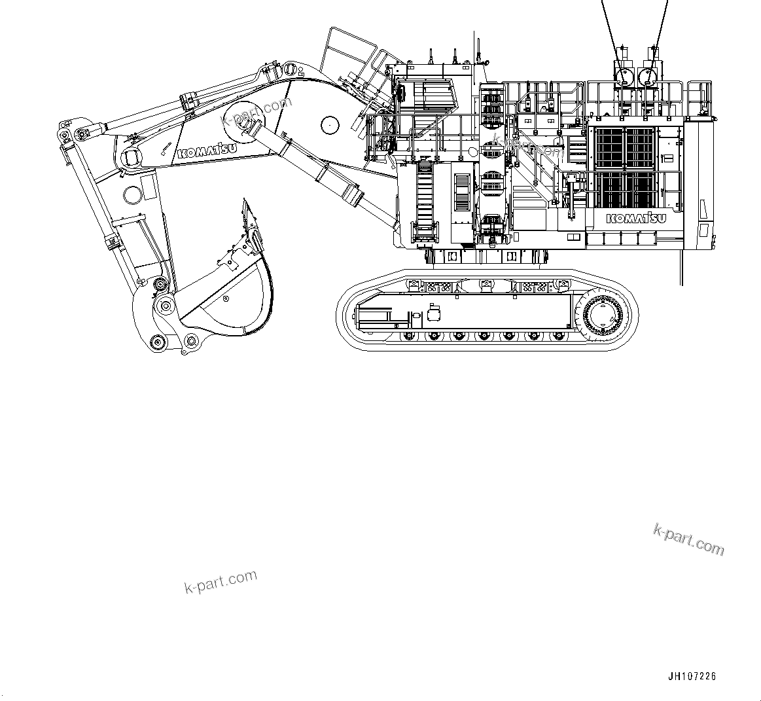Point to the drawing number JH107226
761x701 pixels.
(x=692, y=677)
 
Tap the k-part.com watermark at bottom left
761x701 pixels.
(x=221, y=581)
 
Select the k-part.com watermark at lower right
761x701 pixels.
(x=689, y=539)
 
